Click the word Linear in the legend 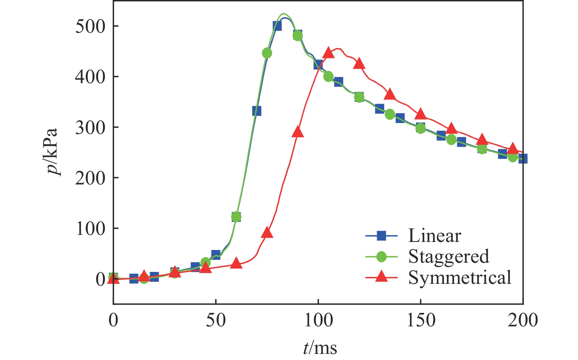tap(434, 236)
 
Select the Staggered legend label tap(448, 256)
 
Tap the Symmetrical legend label tap(459, 277)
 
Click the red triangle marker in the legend tap(381, 276)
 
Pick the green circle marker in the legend tap(381, 256)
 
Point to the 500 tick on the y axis tap(90, 26)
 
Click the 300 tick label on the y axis tap(90, 128)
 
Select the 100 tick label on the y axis tap(90, 228)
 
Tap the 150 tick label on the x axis tap(421, 320)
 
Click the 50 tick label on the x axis tap(216, 320)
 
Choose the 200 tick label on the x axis tap(522, 320)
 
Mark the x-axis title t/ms tap(320, 348)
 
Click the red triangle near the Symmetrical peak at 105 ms tap(328, 53)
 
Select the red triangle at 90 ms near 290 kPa tap(298, 132)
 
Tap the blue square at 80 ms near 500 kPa tap(277, 26)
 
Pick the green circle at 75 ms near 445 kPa tap(267, 53)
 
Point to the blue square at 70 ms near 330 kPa tap(257, 111)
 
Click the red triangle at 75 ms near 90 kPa tap(267, 233)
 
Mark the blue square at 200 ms tap(523, 159)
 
